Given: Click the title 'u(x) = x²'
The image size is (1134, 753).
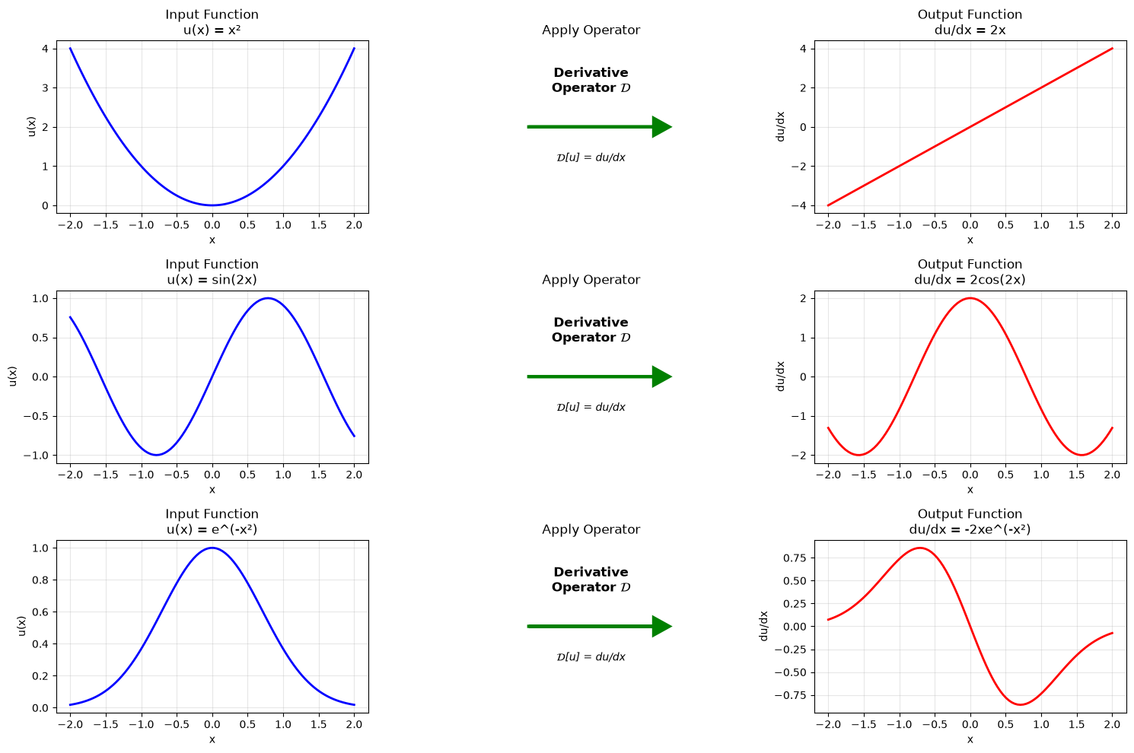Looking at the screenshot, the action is [x=212, y=30].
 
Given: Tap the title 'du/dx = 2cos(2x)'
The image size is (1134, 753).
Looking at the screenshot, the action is [x=970, y=279].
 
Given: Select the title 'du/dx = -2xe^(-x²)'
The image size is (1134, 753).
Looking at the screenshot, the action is [x=970, y=529].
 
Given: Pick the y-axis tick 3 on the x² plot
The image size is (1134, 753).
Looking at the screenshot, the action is [x=46, y=88].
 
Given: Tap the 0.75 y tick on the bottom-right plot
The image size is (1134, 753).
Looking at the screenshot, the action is [x=795, y=558].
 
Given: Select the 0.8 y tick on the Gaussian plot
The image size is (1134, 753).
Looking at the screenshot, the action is [x=40, y=580].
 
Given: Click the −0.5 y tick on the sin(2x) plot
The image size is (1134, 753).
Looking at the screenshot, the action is [x=37, y=416].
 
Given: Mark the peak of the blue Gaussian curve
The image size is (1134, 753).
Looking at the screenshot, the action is [x=212, y=548].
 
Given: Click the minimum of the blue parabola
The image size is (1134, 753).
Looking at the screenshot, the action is [x=212, y=205].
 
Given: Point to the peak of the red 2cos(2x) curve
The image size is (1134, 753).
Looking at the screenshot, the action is [x=970, y=298].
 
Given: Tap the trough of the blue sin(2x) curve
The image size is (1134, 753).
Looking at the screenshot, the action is [x=157, y=455].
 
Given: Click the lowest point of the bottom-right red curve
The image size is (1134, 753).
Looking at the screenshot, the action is [x=1020, y=704].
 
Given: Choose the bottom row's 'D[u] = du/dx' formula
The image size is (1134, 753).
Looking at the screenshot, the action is [x=591, y=657].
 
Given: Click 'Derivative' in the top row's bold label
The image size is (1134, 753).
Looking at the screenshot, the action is [x=591, y=72].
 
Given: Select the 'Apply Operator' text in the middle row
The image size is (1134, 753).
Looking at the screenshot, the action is [x=591, y=279].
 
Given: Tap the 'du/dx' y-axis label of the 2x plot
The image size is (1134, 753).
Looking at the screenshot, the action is [x=780, y=126].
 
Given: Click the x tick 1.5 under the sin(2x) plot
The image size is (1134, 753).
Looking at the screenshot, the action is [x=318, y=475].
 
